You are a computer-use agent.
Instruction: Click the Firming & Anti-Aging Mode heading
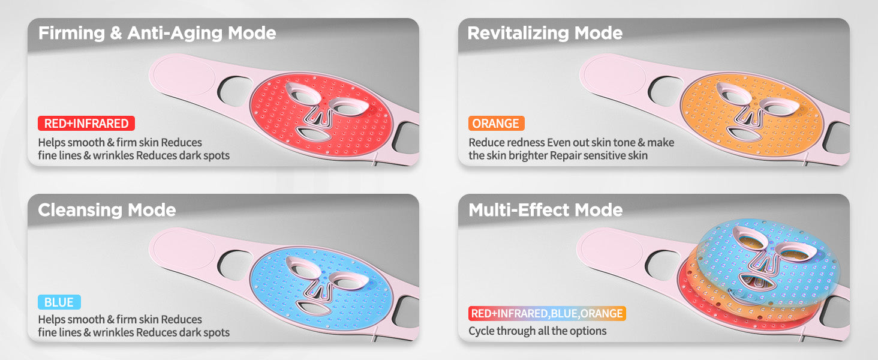(x=157, y=33)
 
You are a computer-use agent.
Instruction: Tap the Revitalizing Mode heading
(x=545, y=33)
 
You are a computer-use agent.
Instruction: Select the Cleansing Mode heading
(x=107, y=210)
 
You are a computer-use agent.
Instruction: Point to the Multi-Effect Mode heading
(x=546, y=210)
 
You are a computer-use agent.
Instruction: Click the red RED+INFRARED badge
(x=86, y=123)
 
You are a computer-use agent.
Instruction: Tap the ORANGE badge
(x=496, y=123)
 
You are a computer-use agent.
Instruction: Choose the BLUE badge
(x=59, y=302)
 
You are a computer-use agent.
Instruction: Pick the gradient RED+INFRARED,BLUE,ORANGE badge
(x=547, y=313)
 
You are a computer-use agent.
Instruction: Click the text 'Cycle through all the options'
(x=537, y=331)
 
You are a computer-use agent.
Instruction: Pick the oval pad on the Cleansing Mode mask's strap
(x=184, y=250)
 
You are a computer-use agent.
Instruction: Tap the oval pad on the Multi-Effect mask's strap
(x=612, y=250)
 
